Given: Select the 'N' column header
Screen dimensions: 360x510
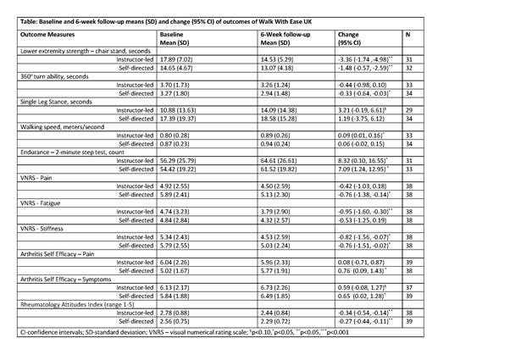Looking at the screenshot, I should pos(409,36).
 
